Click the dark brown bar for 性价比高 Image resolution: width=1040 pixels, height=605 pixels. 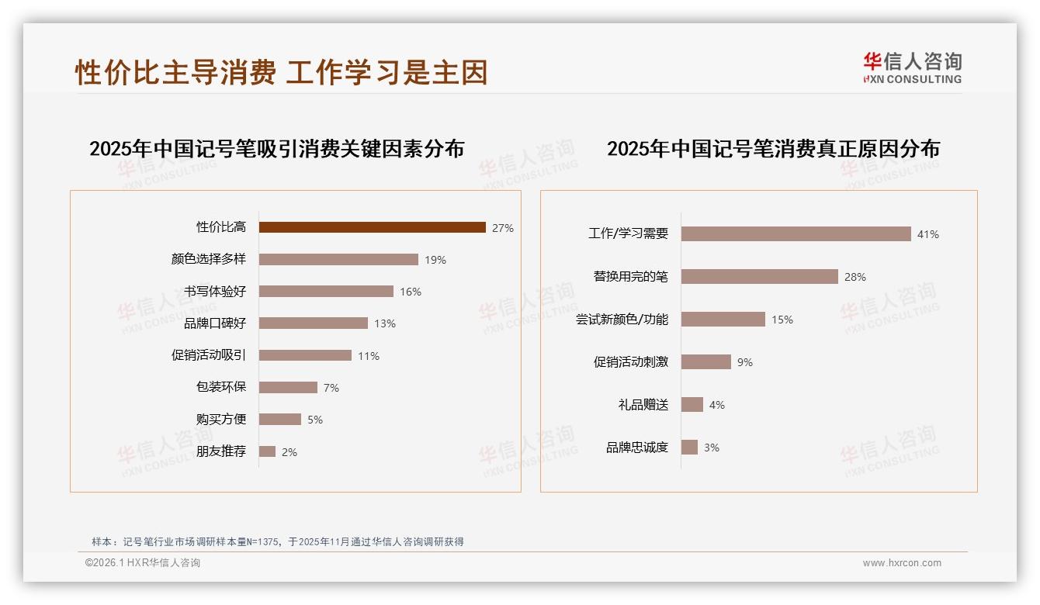[373, 227]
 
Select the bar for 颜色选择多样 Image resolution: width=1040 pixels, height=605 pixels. [338, 259]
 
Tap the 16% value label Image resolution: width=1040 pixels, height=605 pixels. [411, 292]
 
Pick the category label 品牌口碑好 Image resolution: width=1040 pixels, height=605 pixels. [215, 323]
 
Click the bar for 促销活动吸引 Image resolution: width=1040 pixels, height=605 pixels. [305, 355]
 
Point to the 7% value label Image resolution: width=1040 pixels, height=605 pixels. [331, 388]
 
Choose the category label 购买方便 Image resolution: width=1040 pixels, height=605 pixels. [221, 419]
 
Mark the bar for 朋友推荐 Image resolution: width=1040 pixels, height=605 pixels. [267, 451]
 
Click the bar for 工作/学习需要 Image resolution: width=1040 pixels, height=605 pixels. [796, 233]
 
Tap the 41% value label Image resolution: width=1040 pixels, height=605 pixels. [928, 234]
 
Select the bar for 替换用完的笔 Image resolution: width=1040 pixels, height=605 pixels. [759, 276]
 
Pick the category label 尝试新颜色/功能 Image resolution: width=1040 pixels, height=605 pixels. [622, 320]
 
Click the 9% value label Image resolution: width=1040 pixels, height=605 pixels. [745, 362]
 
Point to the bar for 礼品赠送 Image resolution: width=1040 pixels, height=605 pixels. [692, 404]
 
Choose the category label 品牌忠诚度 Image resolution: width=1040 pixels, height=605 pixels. [637, 448]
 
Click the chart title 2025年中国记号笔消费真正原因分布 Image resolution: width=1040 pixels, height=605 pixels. [773, 149]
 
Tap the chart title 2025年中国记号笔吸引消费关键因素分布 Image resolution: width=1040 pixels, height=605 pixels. [276, 149]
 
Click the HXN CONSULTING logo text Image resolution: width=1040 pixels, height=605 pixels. [913, 79]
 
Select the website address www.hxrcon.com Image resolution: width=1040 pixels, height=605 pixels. [902, 563]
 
